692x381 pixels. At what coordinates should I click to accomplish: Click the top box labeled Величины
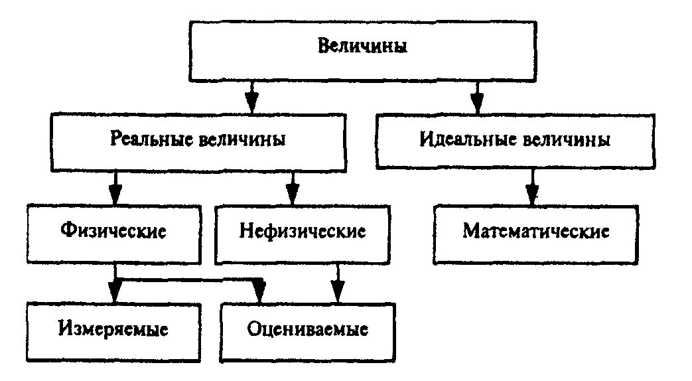362,48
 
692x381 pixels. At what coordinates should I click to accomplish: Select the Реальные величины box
198,141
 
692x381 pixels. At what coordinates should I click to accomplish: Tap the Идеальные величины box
515,141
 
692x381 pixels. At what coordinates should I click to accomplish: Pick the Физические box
113,232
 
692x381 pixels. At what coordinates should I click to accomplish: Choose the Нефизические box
303,232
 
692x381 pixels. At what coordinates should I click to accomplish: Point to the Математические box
535,232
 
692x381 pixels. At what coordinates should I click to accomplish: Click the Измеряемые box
113,329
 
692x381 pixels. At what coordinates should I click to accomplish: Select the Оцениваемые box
307,329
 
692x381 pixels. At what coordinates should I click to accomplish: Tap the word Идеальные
468,141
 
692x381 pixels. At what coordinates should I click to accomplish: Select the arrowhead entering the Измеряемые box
115,291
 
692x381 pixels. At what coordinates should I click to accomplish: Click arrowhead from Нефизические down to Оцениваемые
338,291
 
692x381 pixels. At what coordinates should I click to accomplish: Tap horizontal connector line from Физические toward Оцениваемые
186,280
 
